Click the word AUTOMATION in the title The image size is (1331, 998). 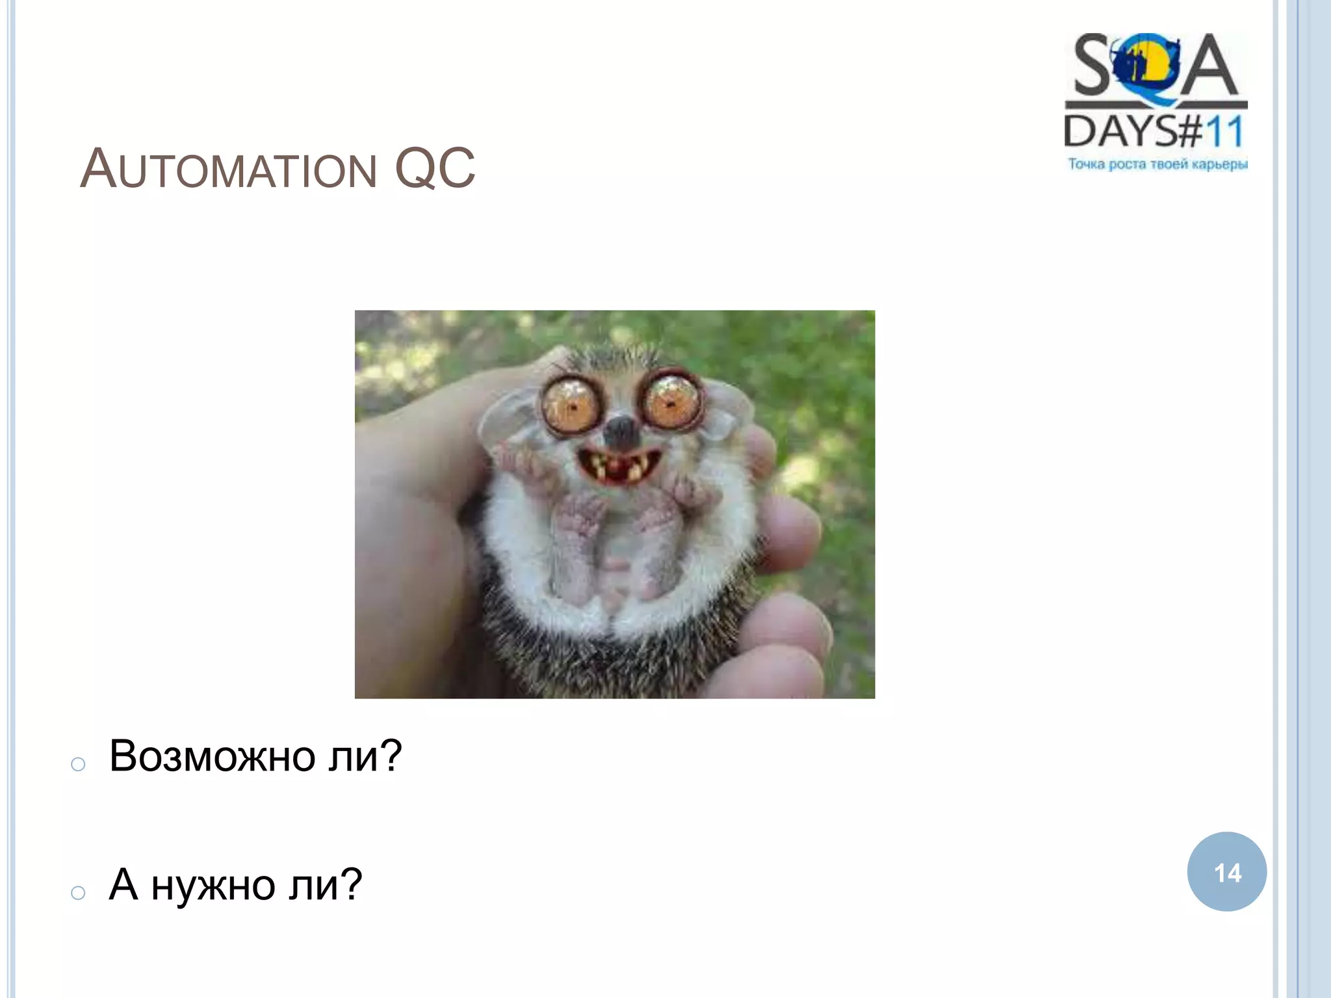click(228, 170)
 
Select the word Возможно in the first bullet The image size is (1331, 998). click(213, 756)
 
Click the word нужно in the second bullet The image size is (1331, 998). click(213, 885)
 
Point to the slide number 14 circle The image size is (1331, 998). click(1226, 872)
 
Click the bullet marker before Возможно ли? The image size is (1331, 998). click(78, 764)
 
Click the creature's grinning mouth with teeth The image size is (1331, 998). click(619, 465)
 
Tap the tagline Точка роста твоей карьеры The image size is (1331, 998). click(1157, 164)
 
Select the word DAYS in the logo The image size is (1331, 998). click(1119, 131)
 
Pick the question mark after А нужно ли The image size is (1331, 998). click(350, 885)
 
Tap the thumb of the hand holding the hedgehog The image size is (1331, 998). click(416, 468)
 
